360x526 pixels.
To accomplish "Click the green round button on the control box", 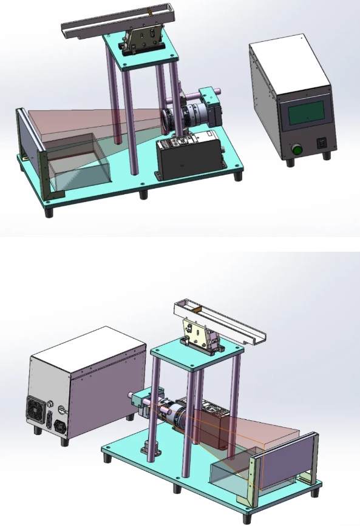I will pos(297,148).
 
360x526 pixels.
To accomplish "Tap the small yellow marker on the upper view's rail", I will pos(149,12).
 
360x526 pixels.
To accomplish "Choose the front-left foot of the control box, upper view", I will pos(288,161).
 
